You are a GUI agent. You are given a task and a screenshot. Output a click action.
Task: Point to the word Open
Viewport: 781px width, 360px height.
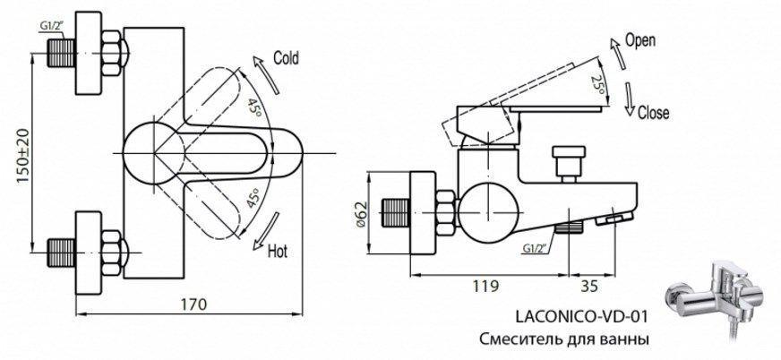tap(640, 40)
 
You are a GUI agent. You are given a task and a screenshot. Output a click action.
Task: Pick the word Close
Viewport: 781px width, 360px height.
tap(653, 113)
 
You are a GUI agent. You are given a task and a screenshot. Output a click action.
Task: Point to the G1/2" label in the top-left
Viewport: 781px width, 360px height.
tap(52, 26)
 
